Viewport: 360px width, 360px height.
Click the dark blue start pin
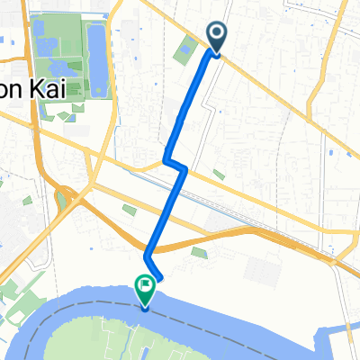point(218,39)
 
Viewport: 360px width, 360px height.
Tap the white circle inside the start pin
point(218,34)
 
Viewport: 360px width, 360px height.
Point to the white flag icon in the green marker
point(145,285)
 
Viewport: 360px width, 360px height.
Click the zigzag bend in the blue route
point(175,164)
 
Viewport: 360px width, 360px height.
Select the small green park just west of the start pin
point(186,52)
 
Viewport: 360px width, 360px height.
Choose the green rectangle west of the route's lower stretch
point(130,210)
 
